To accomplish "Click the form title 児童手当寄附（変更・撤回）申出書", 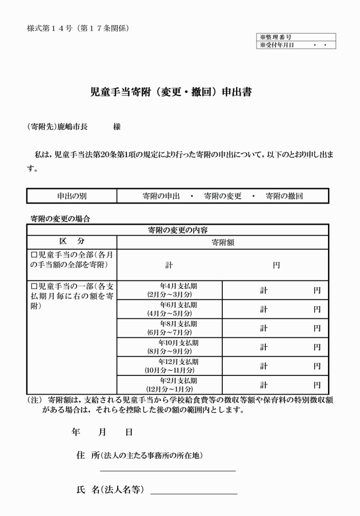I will (171, 91).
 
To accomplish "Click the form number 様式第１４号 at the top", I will (51, 28).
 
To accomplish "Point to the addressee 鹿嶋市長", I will (73, 126).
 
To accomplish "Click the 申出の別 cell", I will (71, 196).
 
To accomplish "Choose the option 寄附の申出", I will (161, 196).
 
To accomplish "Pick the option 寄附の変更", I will (223, 196).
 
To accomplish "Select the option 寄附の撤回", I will (284, 196).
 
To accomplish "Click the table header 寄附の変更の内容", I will (177, 230).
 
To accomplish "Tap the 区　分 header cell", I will (71, 242).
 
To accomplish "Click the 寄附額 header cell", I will (223, 242).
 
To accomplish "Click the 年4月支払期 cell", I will (169, 290).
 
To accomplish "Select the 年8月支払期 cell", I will (169, 328).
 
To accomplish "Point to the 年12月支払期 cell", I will (169, 366).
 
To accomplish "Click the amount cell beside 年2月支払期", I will (275, 385).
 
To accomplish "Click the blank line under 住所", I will (167, 470).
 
